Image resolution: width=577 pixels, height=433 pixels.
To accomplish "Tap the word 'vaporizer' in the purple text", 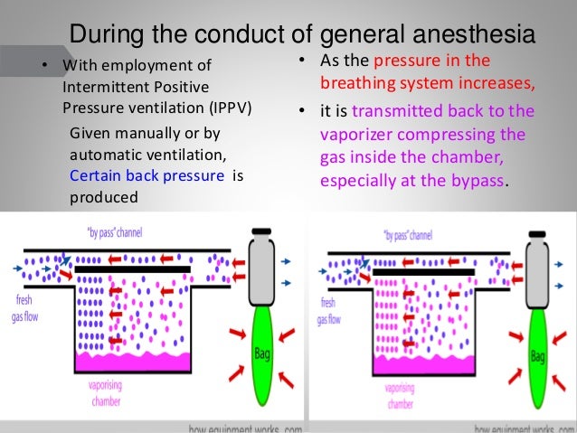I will click(x=354, y=136).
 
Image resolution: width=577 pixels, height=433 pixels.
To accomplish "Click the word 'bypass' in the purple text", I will click(x=475, y=177).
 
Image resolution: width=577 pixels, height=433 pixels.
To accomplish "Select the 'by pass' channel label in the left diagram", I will click(x=97, y=233).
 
